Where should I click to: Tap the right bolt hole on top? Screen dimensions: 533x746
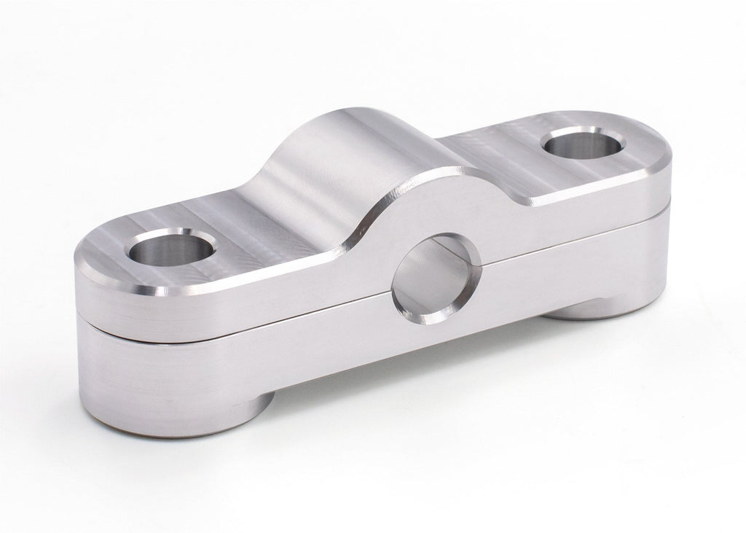[583, 142]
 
